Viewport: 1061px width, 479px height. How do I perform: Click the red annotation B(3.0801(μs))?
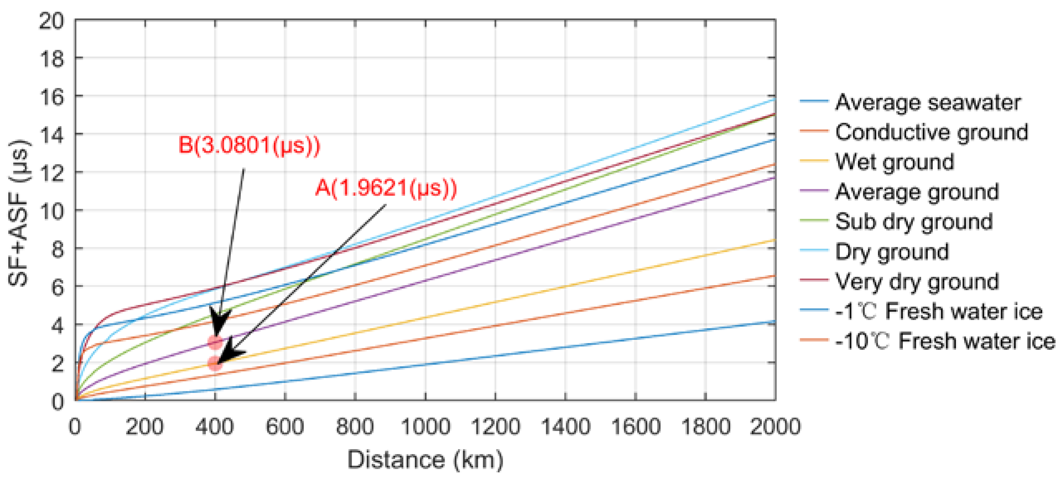tap(249, 146)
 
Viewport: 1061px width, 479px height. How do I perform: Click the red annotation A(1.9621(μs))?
tap(386, 188)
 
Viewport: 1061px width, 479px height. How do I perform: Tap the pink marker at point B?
tap(215, 342)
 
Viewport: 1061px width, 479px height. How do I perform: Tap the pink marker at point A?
tap(214, 363)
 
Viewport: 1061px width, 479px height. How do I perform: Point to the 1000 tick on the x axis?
tap(425, 426)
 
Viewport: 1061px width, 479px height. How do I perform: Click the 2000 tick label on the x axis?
tap(775, 426)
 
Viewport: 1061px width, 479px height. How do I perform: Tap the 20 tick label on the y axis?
tap(52, 21)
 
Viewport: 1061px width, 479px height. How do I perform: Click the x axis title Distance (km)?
tap(425, 459)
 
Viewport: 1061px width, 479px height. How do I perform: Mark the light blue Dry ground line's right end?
tap(774, 100)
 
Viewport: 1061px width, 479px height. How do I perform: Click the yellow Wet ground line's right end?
tap(774, 240)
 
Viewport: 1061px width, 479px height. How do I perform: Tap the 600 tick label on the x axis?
tap(285, 426)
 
